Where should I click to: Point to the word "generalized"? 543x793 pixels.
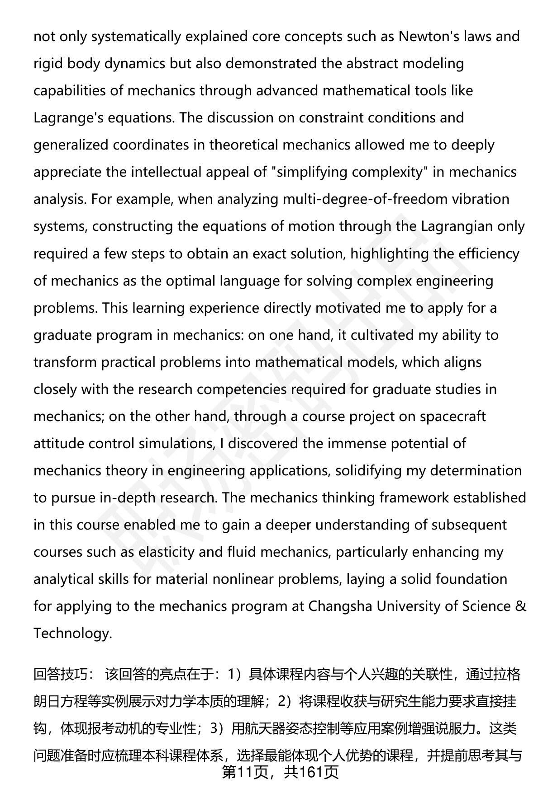[x=71, y=145]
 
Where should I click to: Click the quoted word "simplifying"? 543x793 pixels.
[x=313, y=172]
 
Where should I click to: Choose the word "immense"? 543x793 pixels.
[x=356, y=443]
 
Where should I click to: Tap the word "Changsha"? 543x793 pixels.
[x=340, y=606]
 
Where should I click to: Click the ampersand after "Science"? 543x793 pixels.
[x=521, y=606]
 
